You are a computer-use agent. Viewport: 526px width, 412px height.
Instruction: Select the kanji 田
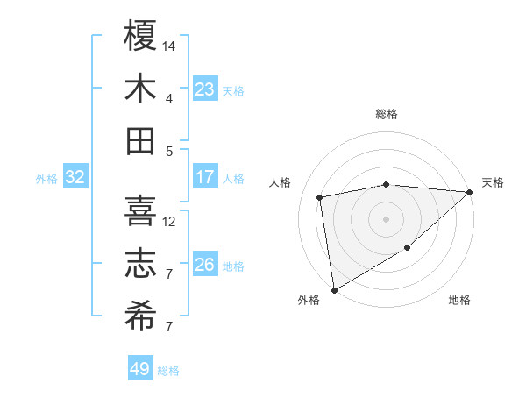pos(140,140)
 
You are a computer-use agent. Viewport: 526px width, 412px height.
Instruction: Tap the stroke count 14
pos(170,45)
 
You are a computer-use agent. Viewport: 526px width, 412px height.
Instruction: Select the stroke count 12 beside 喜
pos(170,222)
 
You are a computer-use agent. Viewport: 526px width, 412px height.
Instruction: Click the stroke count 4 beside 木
pos(169,98)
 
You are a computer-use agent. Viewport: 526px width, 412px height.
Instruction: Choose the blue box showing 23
pos(205,89)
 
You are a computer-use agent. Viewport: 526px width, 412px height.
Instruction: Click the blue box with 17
pos(205,177)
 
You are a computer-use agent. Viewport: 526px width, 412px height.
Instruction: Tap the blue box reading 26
pos(205,265)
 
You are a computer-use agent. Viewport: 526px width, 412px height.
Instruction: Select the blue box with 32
pos(75,177)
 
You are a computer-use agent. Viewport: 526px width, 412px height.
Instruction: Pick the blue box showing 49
pos(140,369)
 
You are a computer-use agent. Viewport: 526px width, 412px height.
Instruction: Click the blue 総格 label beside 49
pos(169,371)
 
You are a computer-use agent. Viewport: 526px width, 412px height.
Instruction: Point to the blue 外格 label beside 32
pos(46,179)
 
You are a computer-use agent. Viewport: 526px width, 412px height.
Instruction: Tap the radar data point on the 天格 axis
pos(470,192)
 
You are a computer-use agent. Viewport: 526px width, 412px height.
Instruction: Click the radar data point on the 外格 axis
pos(334,289)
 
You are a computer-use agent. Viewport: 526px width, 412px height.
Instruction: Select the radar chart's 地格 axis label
pos(459,300)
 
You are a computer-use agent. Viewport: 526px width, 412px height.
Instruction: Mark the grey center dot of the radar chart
pos(386,218)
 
